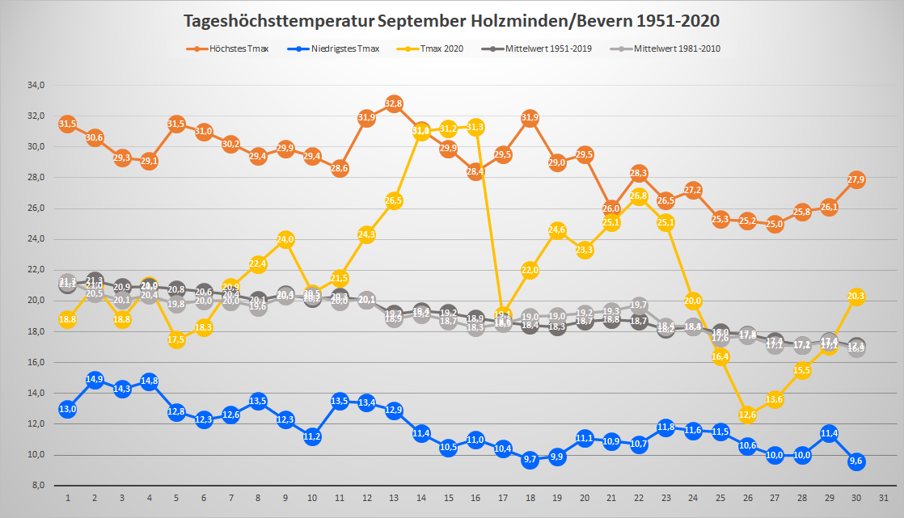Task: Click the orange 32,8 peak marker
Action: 394,103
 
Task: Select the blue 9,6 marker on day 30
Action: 856,461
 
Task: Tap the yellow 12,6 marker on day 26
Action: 747,415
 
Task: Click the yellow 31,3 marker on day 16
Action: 475,127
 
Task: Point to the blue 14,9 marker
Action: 95,380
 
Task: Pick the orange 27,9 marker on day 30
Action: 856,179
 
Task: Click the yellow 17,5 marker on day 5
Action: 176,339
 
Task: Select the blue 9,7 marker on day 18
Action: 530,460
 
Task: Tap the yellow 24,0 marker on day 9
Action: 285,239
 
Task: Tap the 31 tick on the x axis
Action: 884,496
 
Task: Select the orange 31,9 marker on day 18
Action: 530,119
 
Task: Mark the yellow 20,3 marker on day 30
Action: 856,297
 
